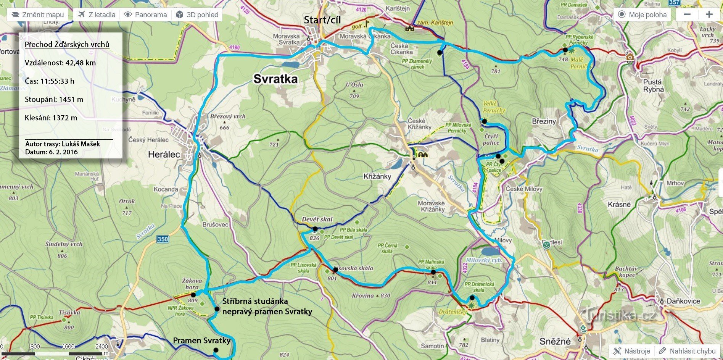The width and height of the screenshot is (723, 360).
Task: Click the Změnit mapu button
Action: tap(37, 15)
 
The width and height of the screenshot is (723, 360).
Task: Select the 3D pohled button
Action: tap(197, 15)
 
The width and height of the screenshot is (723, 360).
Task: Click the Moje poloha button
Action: tap(642, 15)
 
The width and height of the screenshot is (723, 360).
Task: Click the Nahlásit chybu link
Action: tap(688, 351)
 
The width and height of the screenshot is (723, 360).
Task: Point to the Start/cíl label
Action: tap(322, 20)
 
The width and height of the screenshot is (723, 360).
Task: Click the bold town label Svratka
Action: tap(275, 79)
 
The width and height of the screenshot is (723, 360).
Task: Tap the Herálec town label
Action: tap(164, 154)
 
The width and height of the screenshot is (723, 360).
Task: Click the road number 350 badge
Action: tap(162, 239)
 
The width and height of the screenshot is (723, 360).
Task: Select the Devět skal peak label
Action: tap(317, 219)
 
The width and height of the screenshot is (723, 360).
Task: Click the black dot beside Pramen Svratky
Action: tap(216, 350)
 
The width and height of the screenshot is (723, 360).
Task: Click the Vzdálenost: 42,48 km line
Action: tap(60, 63)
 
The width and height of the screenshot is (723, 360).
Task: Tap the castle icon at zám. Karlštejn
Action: tap(410, 28)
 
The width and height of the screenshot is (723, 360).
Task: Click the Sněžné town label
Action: tap(555, 341)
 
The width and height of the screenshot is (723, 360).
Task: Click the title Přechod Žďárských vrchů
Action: tap(67, 44)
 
